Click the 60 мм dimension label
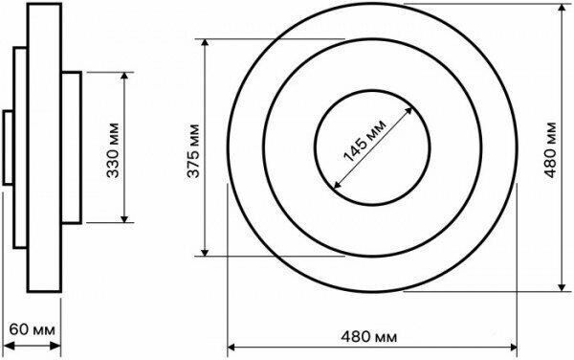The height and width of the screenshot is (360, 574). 33,329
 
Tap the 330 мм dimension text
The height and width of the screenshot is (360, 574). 113,150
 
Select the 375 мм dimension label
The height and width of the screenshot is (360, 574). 193,151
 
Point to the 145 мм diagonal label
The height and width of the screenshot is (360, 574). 365,141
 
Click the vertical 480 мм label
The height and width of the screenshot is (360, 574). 551,149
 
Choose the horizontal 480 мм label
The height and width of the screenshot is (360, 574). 369,336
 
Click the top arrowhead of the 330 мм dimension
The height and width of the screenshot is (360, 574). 124,76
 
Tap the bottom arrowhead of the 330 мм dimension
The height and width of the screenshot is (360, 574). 124,219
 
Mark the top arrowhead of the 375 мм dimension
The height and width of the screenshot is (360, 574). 205,42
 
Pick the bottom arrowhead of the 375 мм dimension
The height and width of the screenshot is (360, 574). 205,253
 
